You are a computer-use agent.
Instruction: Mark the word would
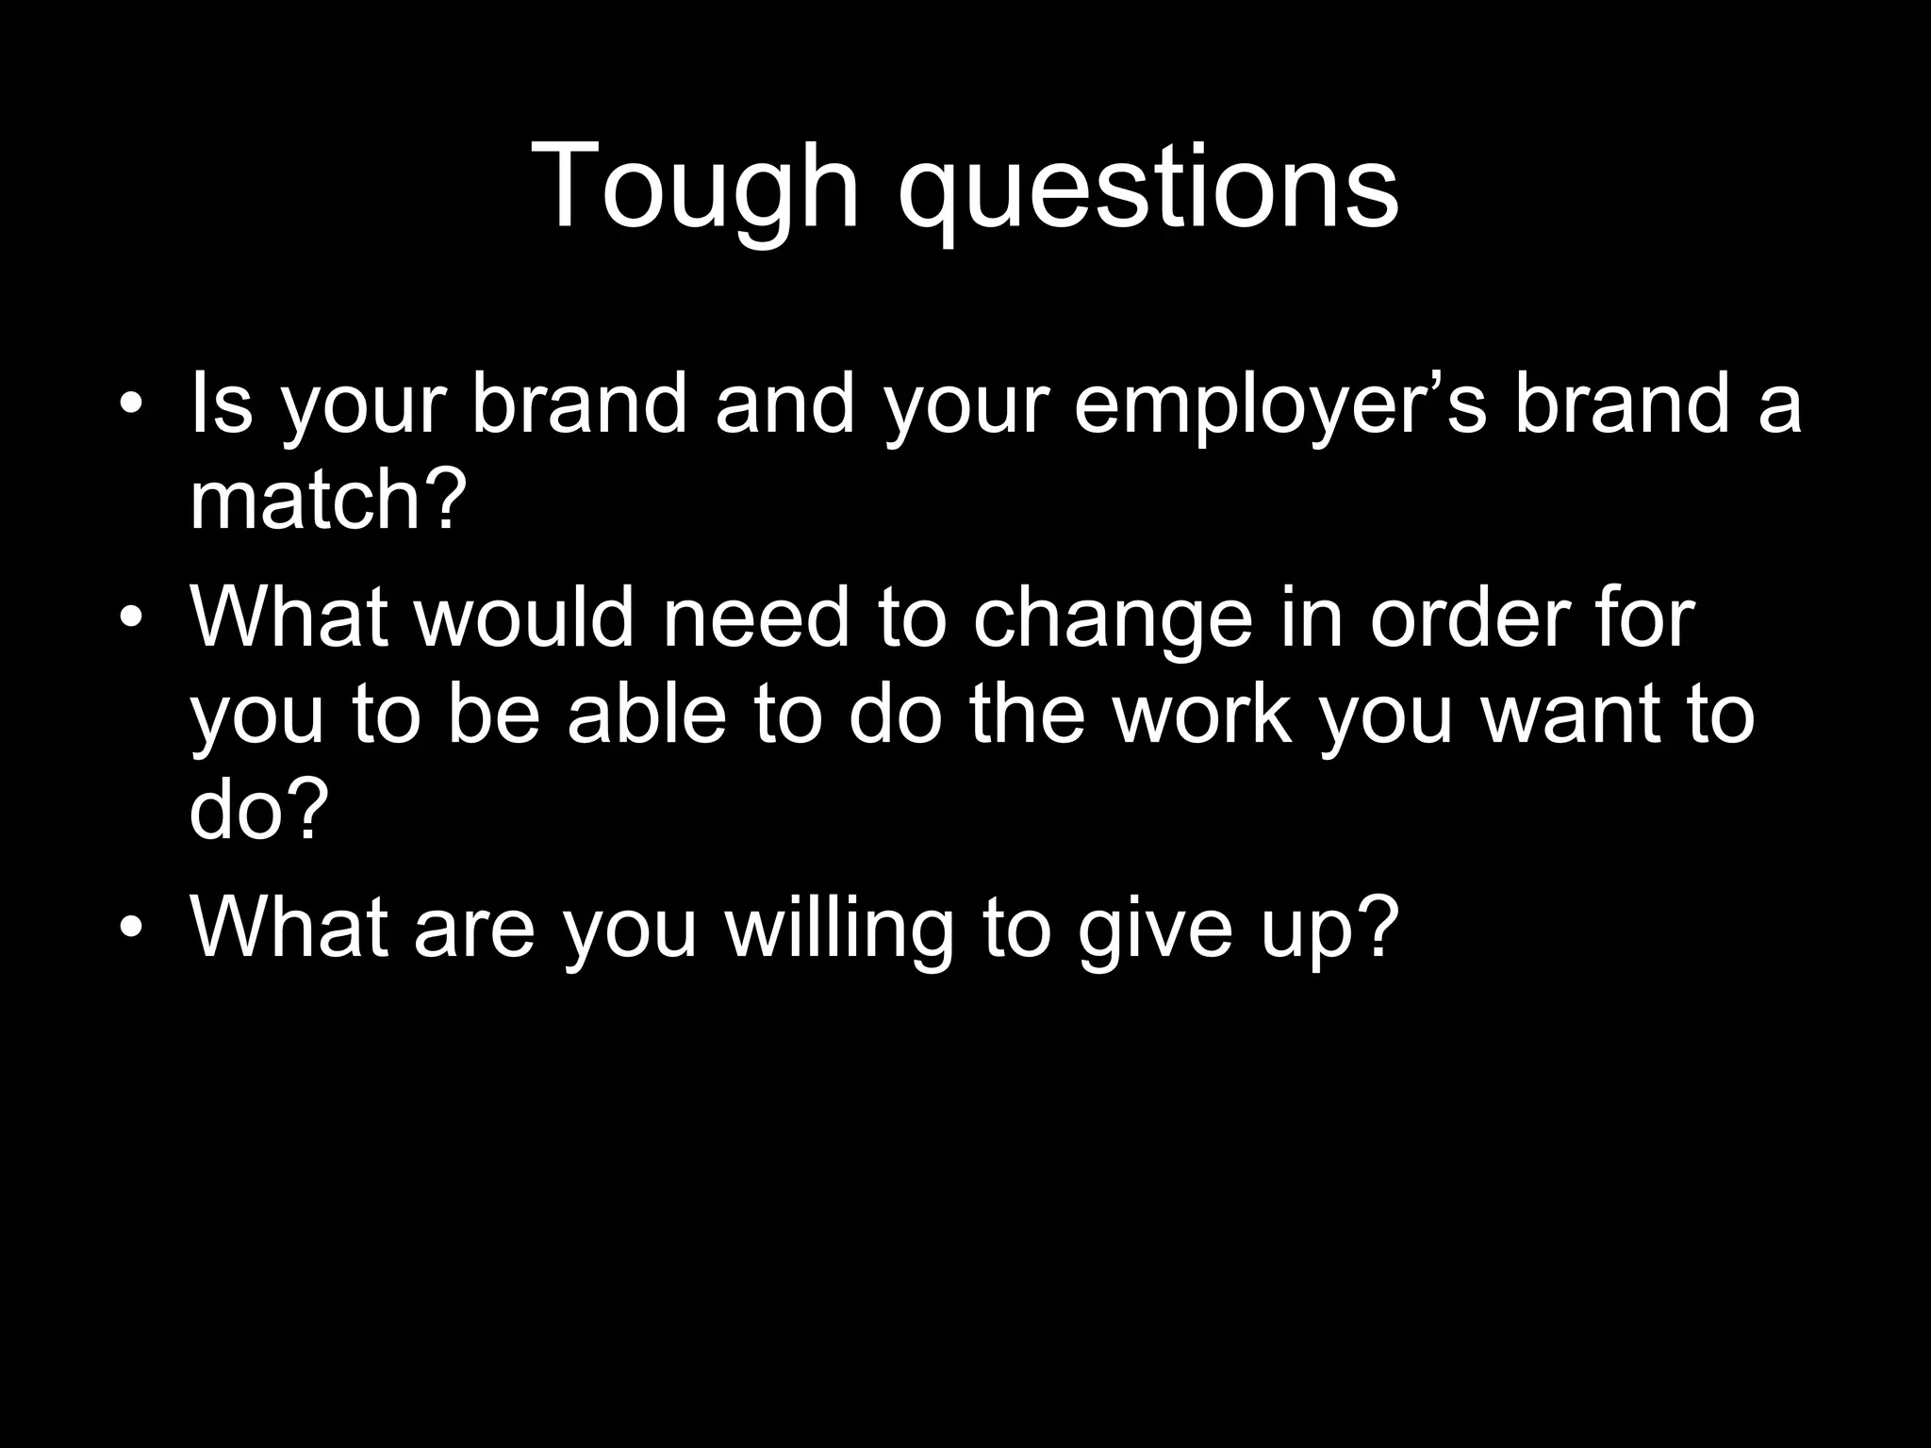pos(523,618)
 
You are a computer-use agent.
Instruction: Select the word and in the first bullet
pos(784,404)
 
